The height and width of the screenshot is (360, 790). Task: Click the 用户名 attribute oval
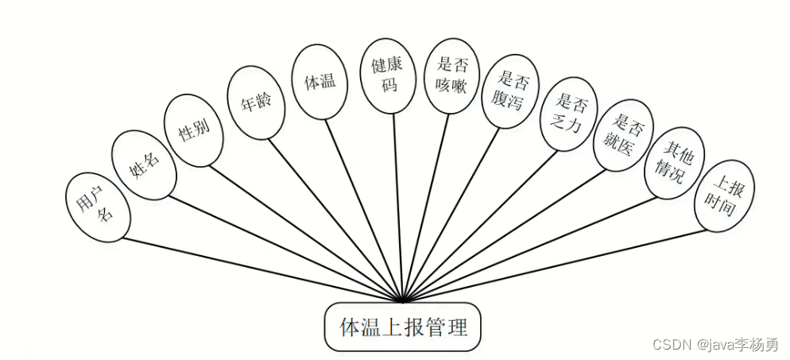click(x=98, y=207)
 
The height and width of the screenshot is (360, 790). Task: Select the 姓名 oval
click(x=144, y=165)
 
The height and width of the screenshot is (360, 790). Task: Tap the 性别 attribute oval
click(x=194, y=130)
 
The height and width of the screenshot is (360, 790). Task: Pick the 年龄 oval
click(x=256, y=103)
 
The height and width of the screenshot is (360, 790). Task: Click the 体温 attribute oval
click(x=320, y=82)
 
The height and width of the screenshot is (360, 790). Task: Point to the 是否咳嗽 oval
click(x=452, y=75)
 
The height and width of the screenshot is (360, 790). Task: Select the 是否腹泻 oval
click(x=510, y=91)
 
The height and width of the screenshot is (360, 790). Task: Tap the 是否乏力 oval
click(x=569, y=114)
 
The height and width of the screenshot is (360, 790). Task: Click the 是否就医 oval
click(x=624, y=135)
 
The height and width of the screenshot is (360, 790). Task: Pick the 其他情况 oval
click(x=675, y=163)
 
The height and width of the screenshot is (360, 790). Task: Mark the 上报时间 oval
click(x=724, y=195)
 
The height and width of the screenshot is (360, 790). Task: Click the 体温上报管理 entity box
click(x=403, y=327)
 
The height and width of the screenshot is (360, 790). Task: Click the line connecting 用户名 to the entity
click(x=262, y=270)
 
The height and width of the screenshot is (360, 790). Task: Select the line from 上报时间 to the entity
click(x=555, y=266)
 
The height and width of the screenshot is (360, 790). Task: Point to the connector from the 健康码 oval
click(x=398, y=208)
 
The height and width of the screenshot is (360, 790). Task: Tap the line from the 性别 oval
click(x=306, y=234)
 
